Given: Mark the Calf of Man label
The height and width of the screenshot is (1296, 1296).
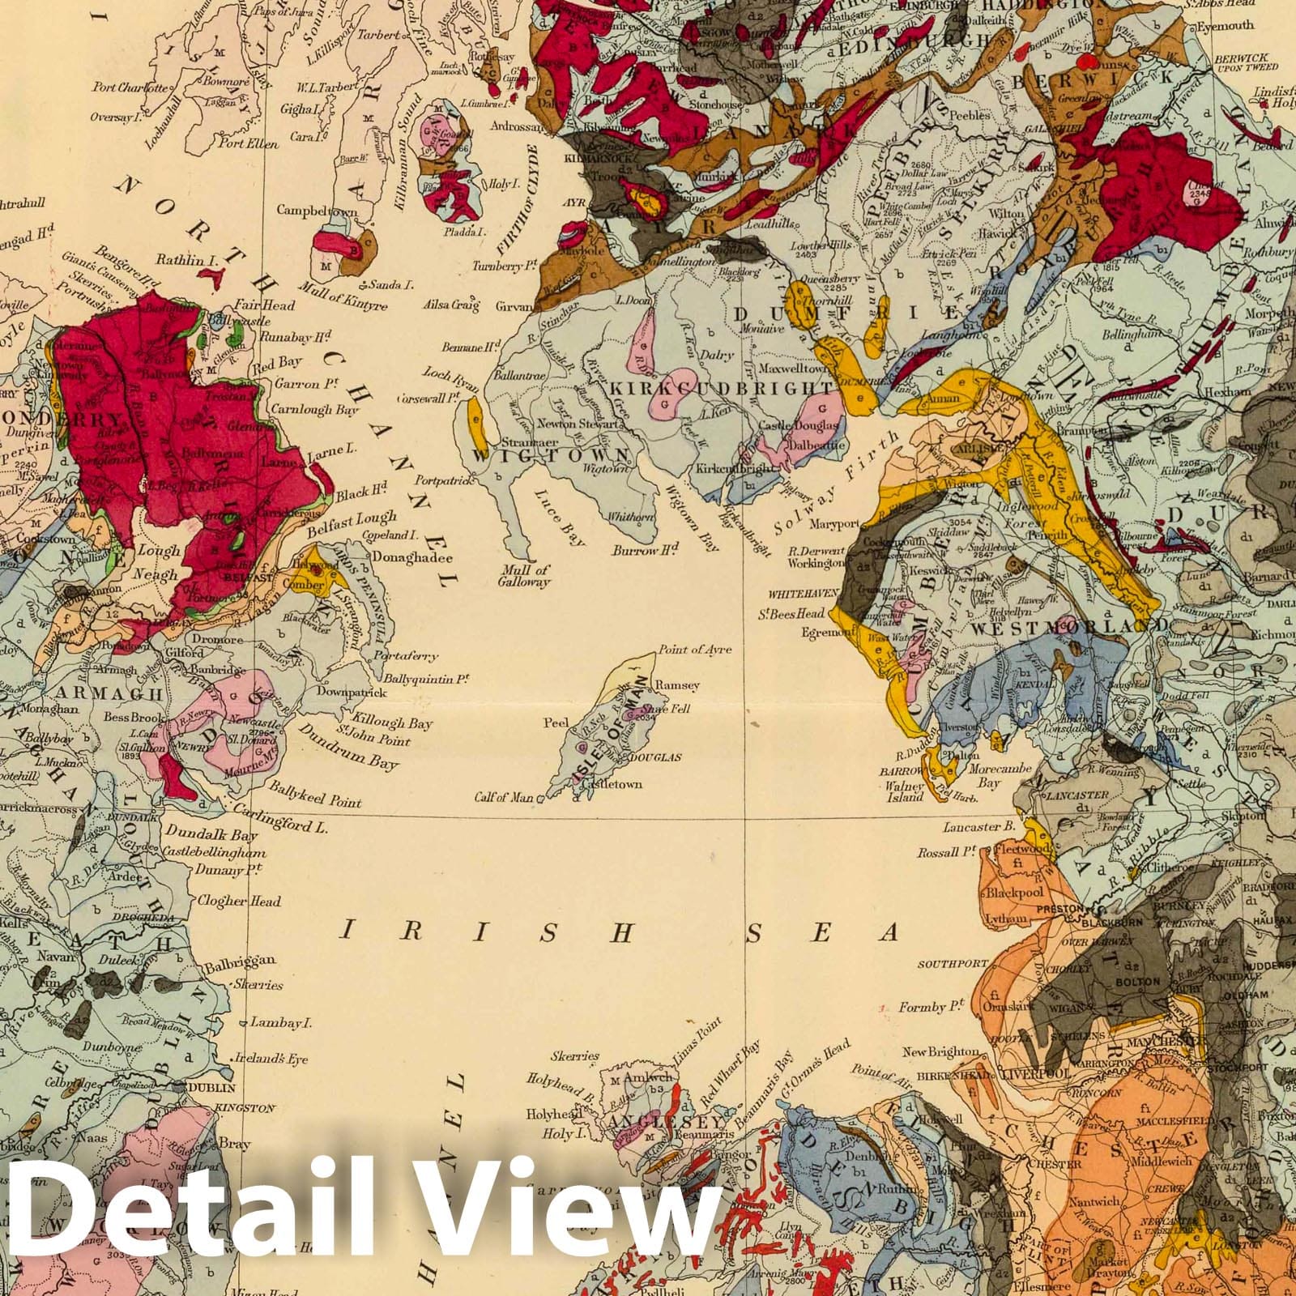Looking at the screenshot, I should (504, 798).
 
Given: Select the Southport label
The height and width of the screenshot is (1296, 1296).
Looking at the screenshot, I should (953, 964).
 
